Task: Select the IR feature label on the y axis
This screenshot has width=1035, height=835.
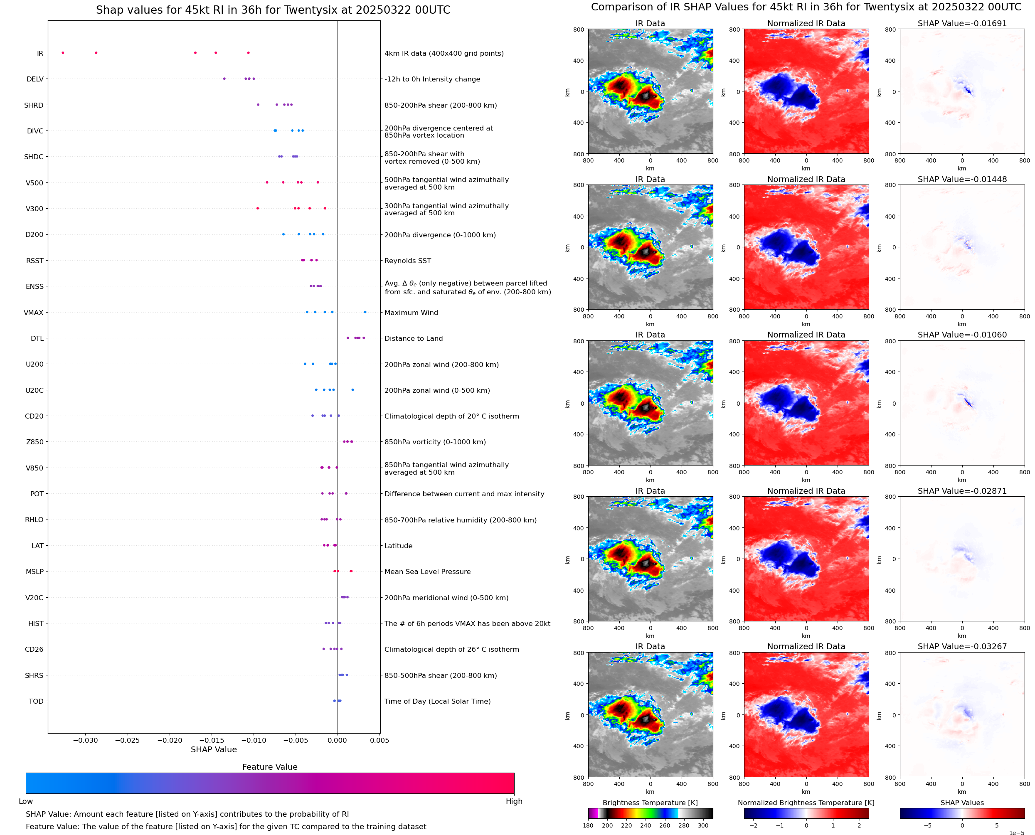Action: click(40, 53)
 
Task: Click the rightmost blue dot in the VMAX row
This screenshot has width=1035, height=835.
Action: click(365, 312)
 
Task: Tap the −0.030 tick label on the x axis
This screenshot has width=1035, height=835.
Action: click(86, 740)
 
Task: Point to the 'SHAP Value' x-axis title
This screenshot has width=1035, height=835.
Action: click(214, 749)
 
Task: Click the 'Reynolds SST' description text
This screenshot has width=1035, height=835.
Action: click(407, 261)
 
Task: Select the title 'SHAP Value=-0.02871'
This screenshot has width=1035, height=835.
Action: click(962, 491)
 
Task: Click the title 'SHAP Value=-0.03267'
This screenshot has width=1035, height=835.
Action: click(962, 646)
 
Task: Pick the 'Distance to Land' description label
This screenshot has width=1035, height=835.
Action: click(414, 339)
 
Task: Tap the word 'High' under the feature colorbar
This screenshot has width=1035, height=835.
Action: click(514, 801)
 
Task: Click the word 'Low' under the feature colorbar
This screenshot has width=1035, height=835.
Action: click(25, 801)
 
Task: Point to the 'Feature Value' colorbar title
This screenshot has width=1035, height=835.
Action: click(270, 767)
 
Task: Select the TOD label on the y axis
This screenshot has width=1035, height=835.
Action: click(36, 701)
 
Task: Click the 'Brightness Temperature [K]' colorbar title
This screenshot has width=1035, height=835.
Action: click(650, 803)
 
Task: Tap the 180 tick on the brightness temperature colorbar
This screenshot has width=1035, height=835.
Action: click(588, 825)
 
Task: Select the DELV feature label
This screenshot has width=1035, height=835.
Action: click(35, 79)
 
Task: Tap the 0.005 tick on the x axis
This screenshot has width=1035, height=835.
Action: click(379, 740)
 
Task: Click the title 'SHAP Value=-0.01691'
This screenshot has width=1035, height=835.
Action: click(962, 24)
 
